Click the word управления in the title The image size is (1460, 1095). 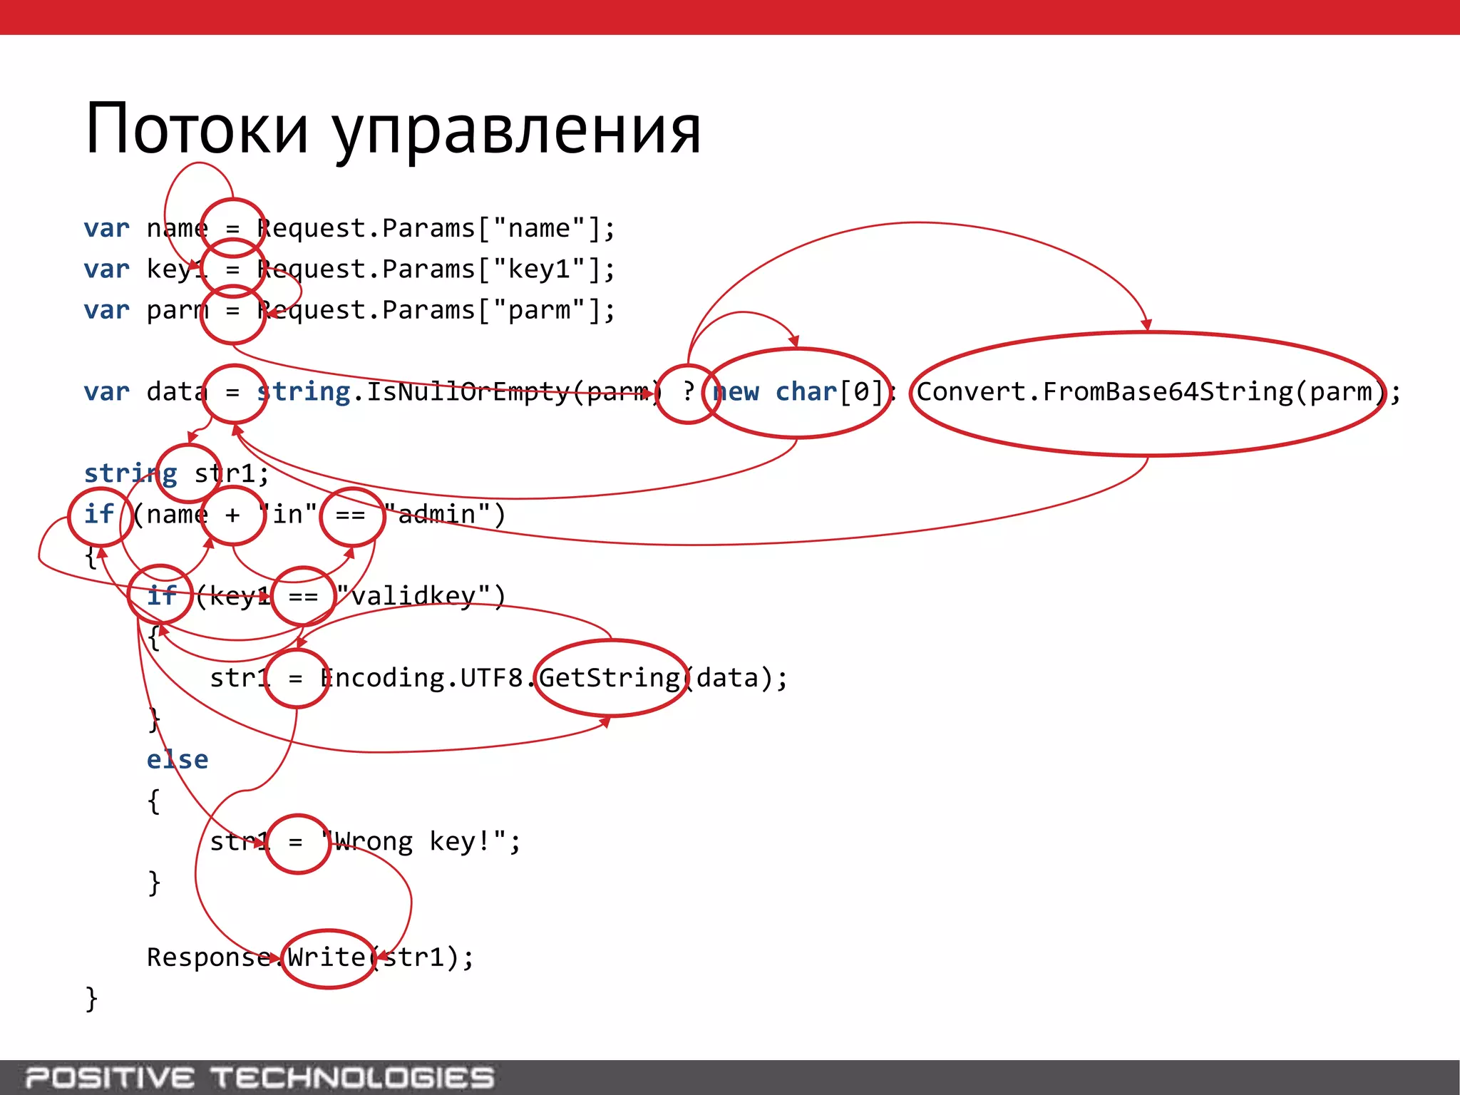[517, 132]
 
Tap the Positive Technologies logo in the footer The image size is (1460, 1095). [259, 1077]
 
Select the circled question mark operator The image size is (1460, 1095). [687, 393]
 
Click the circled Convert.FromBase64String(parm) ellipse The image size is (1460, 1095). [1148, 393]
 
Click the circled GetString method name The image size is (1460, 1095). [610, 678]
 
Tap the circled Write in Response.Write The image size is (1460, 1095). [328, 957]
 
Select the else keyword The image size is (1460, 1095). [178, 760]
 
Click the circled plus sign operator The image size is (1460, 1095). [232, 515]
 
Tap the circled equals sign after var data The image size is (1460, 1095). [233, 393]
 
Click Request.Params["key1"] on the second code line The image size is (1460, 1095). [435, 269]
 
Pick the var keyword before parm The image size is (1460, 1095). [107, 311]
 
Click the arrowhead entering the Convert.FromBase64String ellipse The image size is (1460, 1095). [1146, 325]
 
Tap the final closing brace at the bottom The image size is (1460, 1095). [91, 999]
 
